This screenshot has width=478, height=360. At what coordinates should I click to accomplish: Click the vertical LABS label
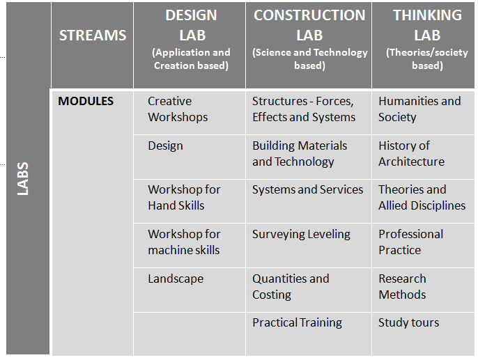pos(23,178)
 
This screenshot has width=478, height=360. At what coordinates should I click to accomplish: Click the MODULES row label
pos(86,101)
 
